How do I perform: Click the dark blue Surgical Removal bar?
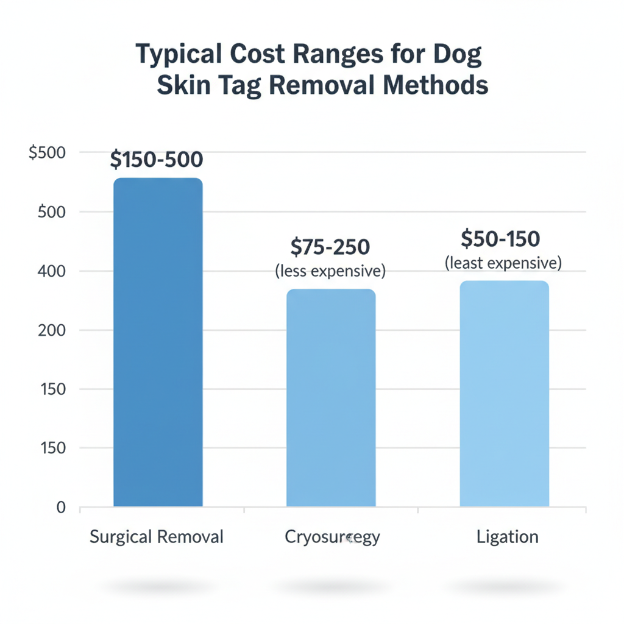tap(158, 341)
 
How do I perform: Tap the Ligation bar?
tap(504, 393)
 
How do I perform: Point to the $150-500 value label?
tap(157, 160)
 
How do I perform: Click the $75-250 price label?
tap(330, 247)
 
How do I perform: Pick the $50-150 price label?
tap(500, 239)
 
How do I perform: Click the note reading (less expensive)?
tap(330, 271)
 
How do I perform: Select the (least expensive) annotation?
tap(503, 263)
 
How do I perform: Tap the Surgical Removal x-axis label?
tap(157, 537)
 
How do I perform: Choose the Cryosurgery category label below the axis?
tap(332, 537)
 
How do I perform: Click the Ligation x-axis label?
tap(508, 537)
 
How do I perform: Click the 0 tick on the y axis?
tap(60, 507)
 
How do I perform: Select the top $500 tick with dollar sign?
tap(47, 153)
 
